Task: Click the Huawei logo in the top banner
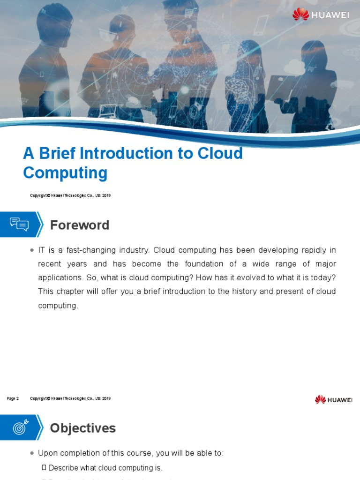click(321, 15)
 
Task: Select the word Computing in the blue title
click(65, 173)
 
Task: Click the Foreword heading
click(80, 225)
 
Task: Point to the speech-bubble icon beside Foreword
click(19, 225)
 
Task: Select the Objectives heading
click(82, 428)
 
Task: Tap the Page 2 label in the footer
click(13, 398)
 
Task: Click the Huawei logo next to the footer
click(333, 399)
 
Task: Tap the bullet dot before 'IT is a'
click(31, 250)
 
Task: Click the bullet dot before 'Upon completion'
click(31, 453)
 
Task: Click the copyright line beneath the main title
click(70, 195)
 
